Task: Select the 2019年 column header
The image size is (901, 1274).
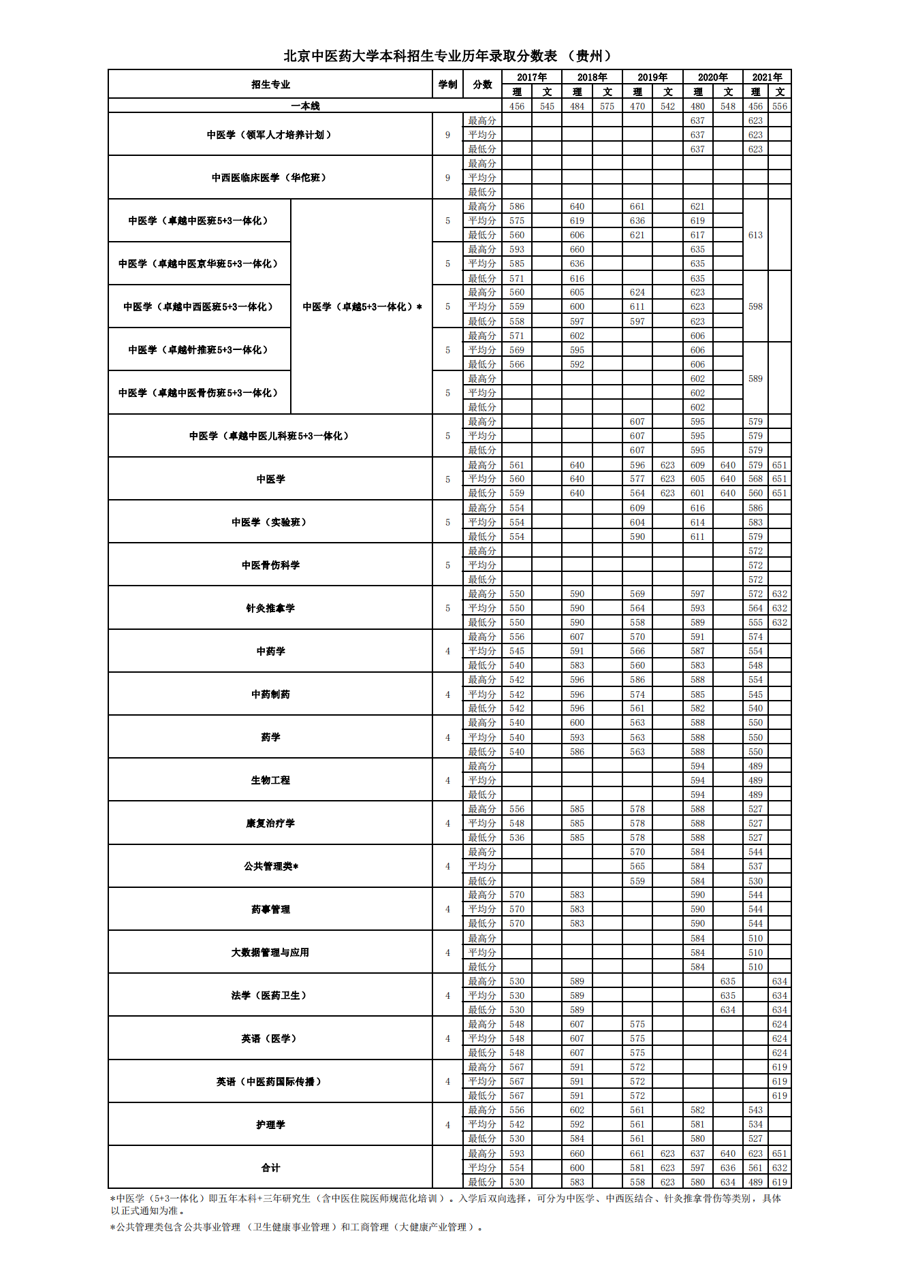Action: point(652,77)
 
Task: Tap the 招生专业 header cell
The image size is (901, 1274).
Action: point(270,84)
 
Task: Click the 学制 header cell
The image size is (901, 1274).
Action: point(447,84)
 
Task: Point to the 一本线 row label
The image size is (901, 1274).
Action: point(304,106)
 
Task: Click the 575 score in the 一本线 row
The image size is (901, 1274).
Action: point(607,106)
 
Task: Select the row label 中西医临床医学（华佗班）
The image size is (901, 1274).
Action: point(270,178)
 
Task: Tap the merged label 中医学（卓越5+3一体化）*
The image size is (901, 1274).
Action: point(362,307)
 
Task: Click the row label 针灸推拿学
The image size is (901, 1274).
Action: point(270,608)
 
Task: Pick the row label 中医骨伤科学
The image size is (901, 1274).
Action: point(270,565)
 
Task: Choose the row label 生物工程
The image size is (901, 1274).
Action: point(270,780)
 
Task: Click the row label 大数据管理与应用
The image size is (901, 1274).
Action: point(270,953)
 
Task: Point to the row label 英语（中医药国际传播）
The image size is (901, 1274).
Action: point(270,1081)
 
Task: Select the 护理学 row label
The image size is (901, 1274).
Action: point(270,1124)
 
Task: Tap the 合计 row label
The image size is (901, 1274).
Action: point(270,1168)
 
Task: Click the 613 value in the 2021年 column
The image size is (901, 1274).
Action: point(755,235)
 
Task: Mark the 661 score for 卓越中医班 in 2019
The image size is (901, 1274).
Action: point(637,206)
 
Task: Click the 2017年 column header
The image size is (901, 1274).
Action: point(531,77)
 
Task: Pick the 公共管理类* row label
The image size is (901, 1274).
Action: point(270,866)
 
